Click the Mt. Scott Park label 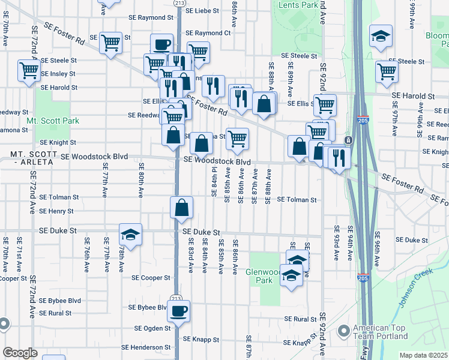pos(53,121)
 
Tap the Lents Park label pos(298,5)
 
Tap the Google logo pos(20,353)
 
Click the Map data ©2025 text pos(423,355)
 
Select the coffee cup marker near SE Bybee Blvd pos(178,311)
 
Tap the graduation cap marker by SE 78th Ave pos(130,233)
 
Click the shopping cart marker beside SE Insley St pos(29,71)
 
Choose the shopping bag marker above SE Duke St pos(181,208)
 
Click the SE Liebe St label pos(205,11)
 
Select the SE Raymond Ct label pos(208,33)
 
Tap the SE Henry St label pos(56,211)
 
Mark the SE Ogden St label pos(152,328)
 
